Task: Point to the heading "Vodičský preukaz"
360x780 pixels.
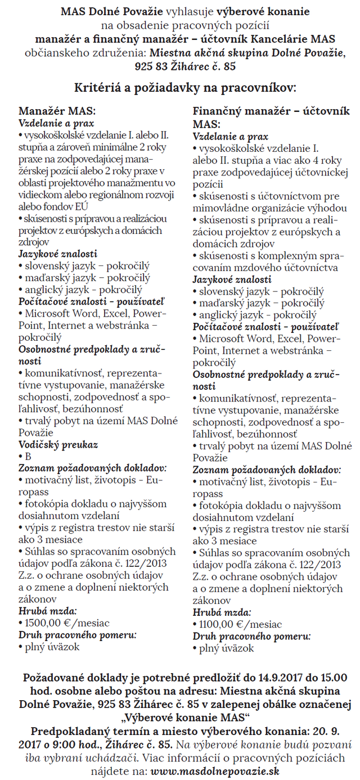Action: point(58,444)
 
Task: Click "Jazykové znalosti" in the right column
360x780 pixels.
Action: point(232,279)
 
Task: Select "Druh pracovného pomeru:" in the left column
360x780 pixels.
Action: point(78,635)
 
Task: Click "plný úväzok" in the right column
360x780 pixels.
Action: point(226,648)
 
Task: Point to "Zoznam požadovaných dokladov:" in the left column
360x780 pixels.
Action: point(92,468)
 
